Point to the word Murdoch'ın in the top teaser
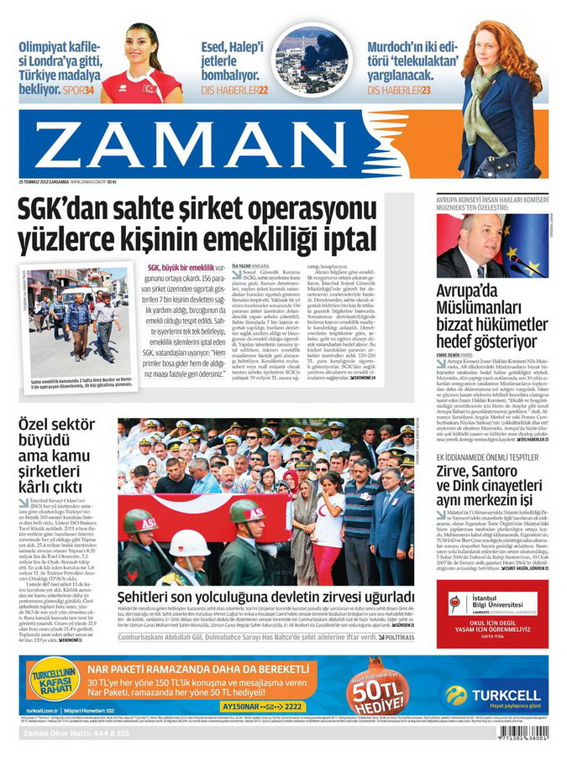pyautogui.click(x=402, y=46)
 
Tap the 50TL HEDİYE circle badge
pyautogui.click(x=377, y=686)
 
